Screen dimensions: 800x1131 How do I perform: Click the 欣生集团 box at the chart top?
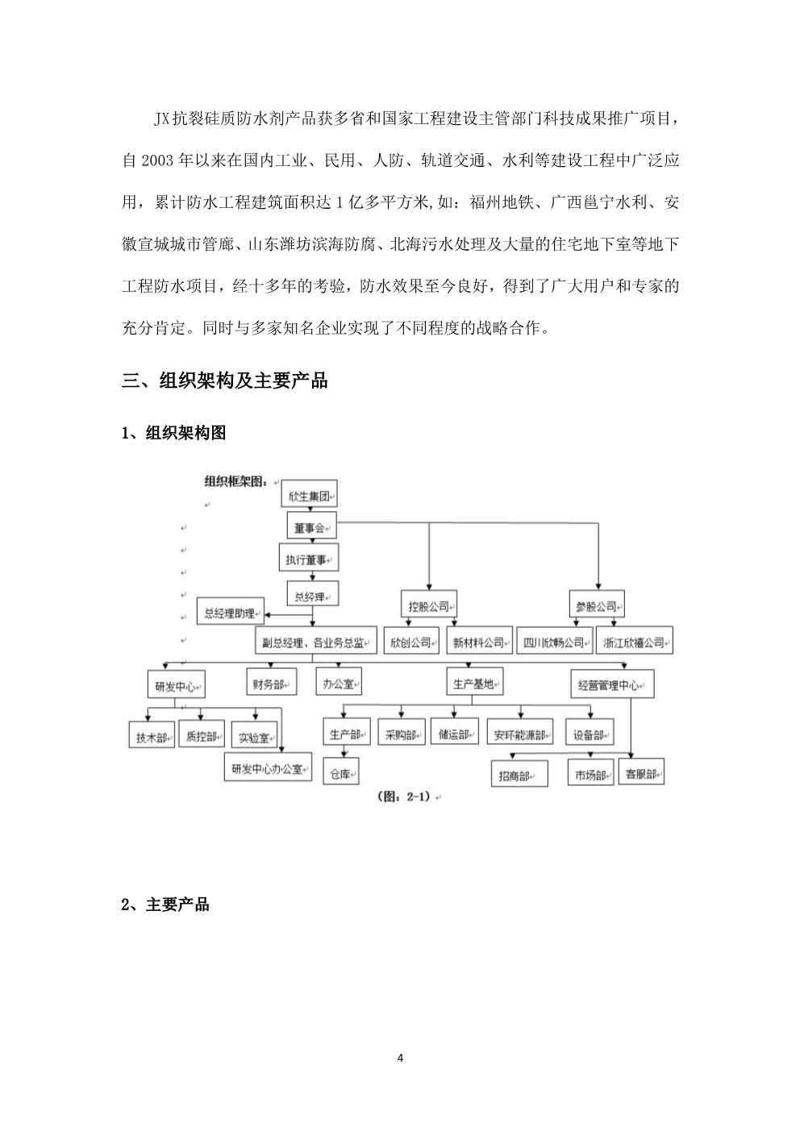[309, 493]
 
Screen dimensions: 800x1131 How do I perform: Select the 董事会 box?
[311, 526]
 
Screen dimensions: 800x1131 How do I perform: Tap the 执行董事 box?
[309, 557]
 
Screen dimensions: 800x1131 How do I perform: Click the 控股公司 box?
[429, 604]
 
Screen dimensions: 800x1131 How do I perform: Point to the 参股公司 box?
[597, 604]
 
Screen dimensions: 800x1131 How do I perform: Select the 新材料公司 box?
[479, 640]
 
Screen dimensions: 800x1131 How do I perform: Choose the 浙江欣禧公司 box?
[635, 640]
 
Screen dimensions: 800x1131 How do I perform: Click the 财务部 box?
[272, 682]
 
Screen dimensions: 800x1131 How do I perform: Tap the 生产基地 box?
[475, 682]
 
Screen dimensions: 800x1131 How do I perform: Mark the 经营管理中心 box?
[612, 684]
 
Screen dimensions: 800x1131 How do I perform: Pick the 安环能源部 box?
[519, 732]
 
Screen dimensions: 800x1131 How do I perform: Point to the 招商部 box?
[519, 774]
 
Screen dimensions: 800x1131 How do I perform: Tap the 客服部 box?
[641, 771]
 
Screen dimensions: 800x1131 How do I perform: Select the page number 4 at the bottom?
[401, 1058]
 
